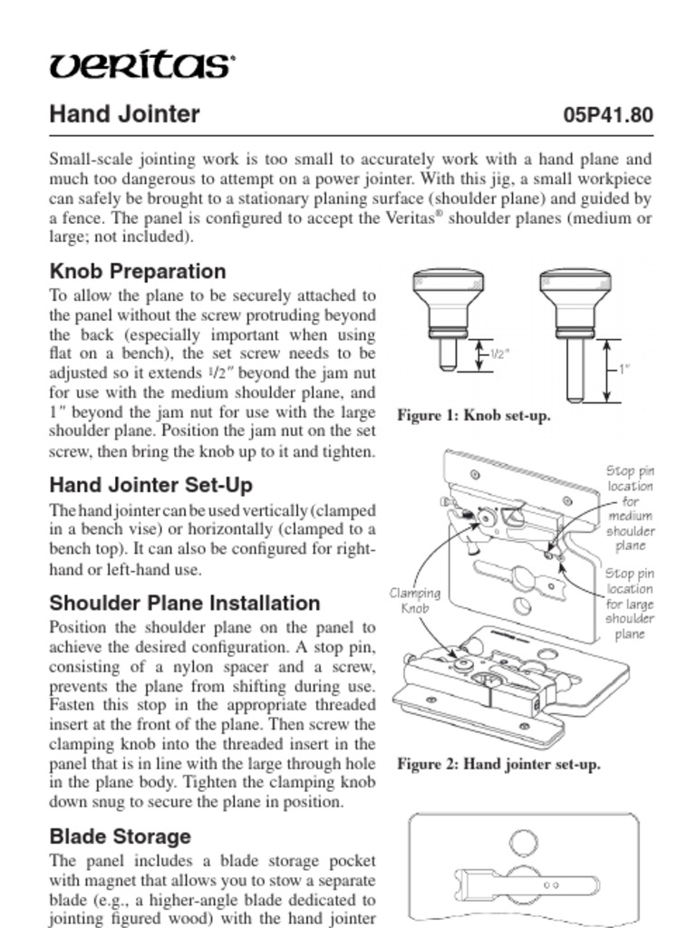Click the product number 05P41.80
[607, 116]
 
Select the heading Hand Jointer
[124, 115]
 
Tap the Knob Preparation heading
[138, 271]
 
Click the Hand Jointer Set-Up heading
[150, 485]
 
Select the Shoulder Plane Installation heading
[184, 604]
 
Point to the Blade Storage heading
[120, 836]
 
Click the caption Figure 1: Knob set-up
[473, 416]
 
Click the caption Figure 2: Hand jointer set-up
[498, 764]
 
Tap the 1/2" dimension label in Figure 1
[499, 353]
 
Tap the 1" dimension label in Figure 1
[623, 369]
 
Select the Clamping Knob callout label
[414, 601]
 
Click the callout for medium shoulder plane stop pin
[630, 507]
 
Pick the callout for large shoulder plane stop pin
[630, 604]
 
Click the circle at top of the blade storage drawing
[523, 843]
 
